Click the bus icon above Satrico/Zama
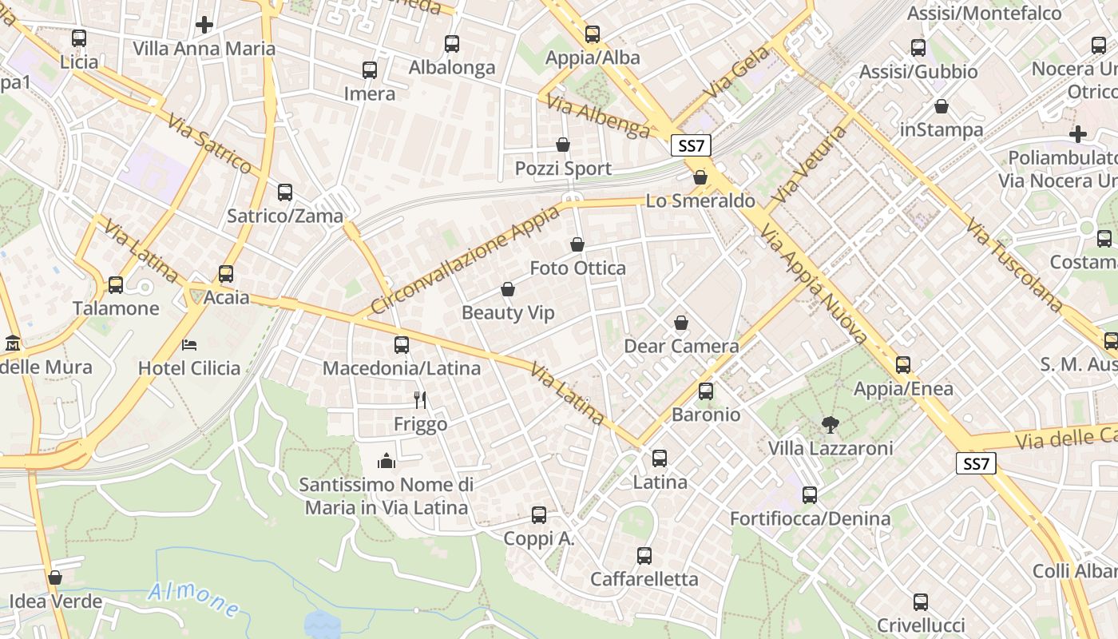(285, 192)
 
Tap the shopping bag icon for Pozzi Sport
(563, 145)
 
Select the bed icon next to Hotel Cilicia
(189, 344)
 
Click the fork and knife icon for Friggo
(420, 399)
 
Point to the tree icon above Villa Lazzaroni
(830, 424)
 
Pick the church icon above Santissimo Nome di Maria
(387, 461)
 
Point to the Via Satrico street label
(210, 143)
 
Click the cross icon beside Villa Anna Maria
(204, 25)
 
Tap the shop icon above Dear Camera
(681, 323)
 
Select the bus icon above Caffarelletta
(644, 555)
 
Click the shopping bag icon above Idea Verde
(55, 577)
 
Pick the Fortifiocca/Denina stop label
(810, 519)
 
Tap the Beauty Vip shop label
(508, 313)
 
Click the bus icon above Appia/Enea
(903, 365)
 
